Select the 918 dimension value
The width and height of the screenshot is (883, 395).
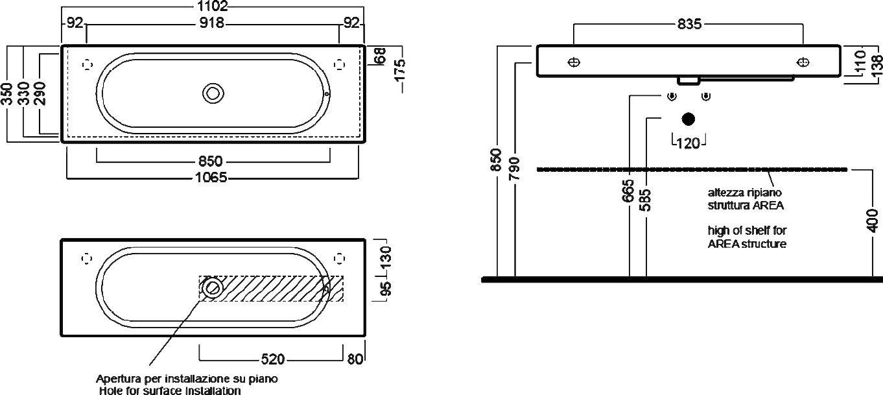coord(211,23)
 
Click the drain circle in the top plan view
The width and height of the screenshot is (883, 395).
coord(212,93)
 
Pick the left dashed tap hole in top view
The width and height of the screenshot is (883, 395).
coord(88,64)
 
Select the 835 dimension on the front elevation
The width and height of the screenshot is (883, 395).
coord(689,24)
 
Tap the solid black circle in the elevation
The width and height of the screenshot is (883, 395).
coord(689,119)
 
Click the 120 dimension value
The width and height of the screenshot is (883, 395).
coord(688,143)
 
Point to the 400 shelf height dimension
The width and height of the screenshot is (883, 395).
coord(873,221)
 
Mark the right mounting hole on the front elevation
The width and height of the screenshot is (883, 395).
coord(803,62)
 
